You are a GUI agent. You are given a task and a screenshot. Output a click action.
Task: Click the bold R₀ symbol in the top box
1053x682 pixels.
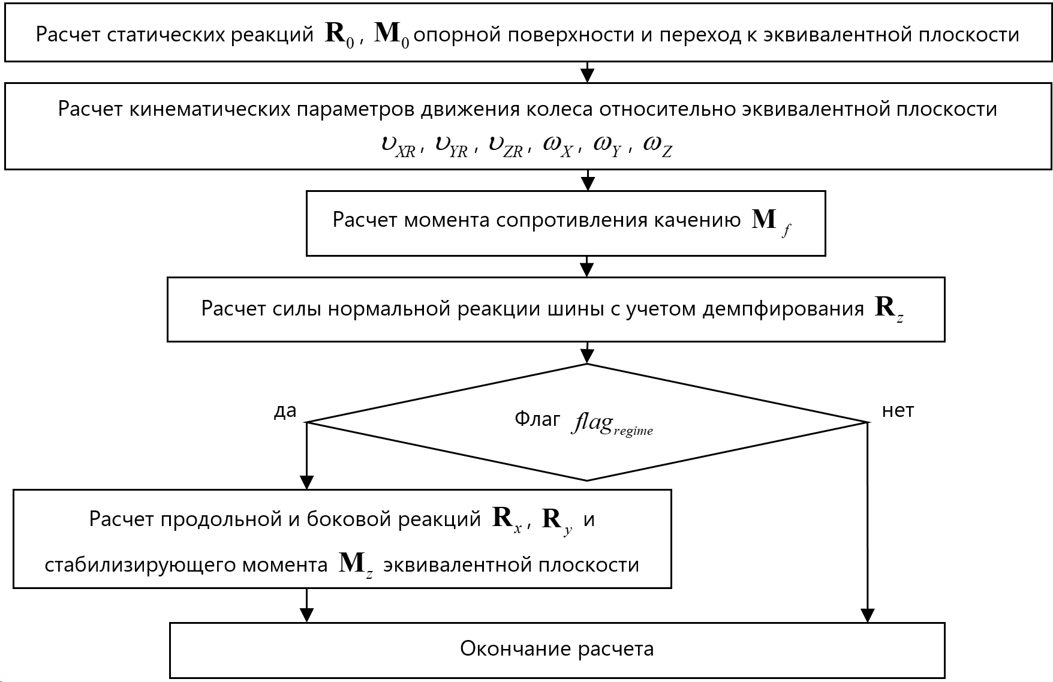(x=339, y=35)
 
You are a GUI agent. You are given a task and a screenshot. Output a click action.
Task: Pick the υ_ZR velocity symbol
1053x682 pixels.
(x=506, y=145)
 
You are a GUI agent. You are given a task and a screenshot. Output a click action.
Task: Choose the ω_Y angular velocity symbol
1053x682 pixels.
(x=607, y=145)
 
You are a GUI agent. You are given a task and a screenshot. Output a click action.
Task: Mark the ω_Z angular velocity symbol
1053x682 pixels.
(x=657, y=145)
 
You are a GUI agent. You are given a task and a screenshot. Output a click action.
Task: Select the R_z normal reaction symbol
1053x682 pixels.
(x=889, y=308)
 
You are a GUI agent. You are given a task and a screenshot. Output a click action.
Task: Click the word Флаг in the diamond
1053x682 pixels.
(x=537, y=419)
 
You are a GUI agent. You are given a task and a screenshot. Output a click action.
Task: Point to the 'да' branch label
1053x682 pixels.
(x=285, y=411)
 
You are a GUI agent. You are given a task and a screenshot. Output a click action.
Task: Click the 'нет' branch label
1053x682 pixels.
(x=898, y=411)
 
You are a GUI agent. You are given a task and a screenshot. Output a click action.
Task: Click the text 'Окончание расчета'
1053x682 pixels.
(x=556, y=649)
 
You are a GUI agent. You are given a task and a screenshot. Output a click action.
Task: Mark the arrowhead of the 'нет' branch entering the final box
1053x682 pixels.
(x=867, y=615)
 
